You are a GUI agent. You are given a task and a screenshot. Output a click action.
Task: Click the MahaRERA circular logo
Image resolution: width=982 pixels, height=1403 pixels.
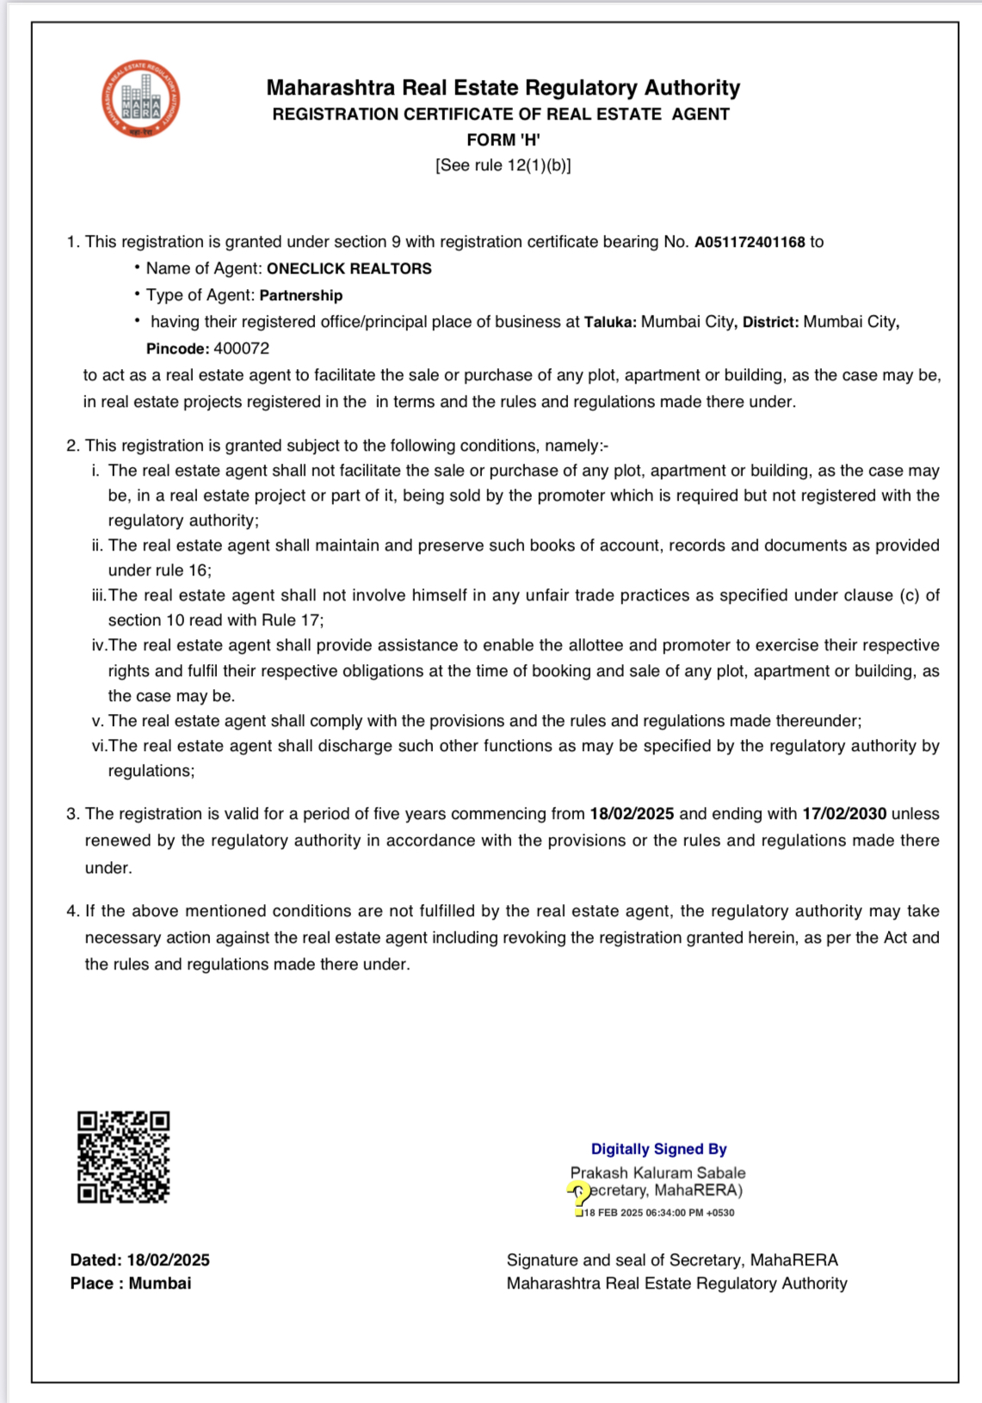tap(140, 99)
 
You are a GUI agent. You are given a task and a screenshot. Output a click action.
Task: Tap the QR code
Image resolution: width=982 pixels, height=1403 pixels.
tap(123, 1157)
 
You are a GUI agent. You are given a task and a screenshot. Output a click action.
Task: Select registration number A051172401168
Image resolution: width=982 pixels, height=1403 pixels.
tap(749, 243)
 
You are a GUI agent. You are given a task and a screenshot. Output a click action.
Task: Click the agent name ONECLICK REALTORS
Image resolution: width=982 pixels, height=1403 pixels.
tap(349, 269)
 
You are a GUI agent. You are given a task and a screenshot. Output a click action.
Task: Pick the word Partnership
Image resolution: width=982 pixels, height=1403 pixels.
tap(300, 296)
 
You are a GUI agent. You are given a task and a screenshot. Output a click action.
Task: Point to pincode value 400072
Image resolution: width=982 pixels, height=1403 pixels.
tap(241, 349)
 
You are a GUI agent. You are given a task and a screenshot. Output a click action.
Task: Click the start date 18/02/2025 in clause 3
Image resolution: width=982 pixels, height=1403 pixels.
tap(631, 814)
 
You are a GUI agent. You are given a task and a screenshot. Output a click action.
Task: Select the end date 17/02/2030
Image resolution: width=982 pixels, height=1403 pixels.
tap(843, 814)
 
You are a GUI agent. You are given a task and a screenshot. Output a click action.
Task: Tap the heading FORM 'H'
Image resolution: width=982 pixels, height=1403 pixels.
tap(503, 140)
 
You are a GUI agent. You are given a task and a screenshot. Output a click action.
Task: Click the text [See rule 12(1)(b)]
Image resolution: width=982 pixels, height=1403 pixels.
tap(503, 165)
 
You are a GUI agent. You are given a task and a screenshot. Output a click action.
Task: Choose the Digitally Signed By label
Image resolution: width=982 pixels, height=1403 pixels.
tap(658, 1149)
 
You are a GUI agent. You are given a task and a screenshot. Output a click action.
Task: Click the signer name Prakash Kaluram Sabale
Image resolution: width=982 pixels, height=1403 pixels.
tap(658, 1172)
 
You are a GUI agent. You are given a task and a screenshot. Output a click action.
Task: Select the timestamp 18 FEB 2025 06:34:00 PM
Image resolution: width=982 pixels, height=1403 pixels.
tap(658, 1213)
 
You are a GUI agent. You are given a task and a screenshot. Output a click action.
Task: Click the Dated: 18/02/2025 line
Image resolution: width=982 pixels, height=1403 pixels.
tap(139, 1260)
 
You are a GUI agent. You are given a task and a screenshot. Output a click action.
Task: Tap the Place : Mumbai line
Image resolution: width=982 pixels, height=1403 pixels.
tap(131, 1283)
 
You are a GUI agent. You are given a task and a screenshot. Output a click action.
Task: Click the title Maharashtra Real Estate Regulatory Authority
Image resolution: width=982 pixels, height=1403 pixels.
tap(503, 88)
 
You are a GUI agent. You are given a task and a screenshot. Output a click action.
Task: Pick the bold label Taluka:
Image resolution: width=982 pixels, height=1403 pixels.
tap(610, 323)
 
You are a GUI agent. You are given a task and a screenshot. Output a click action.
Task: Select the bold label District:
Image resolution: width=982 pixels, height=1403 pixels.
tap(770, 323)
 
